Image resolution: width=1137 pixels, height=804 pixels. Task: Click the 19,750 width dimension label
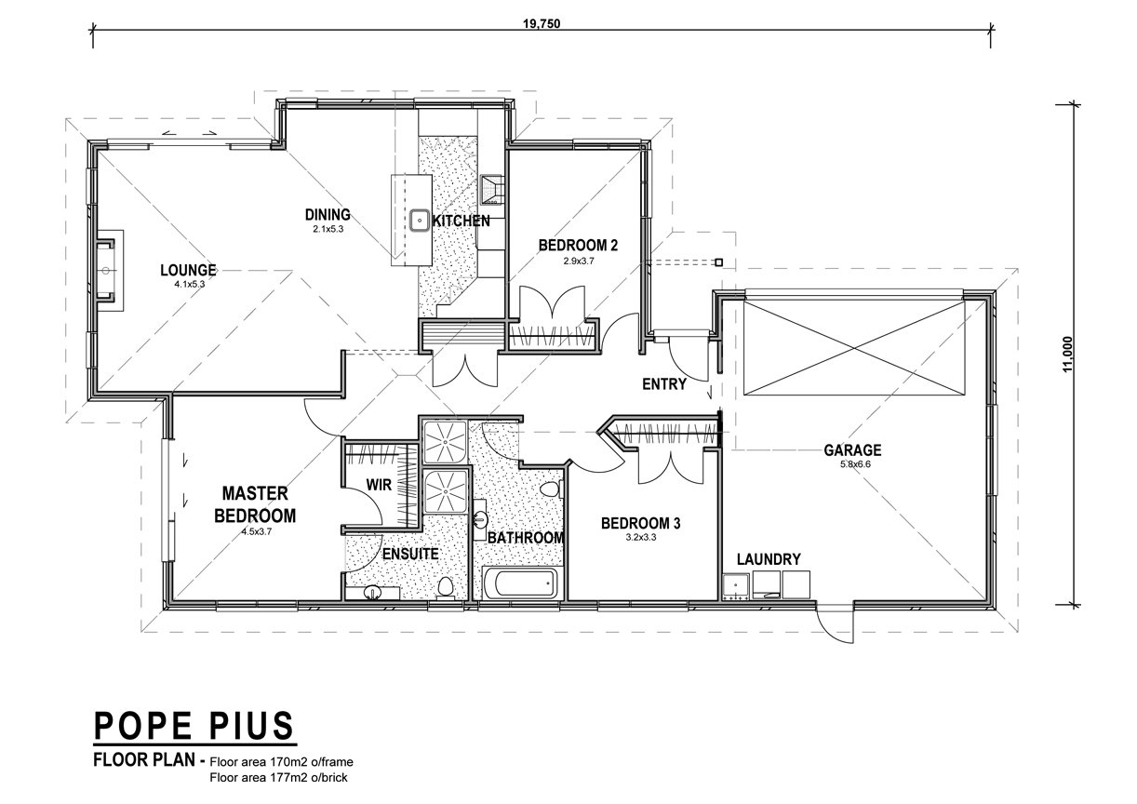point(542,23)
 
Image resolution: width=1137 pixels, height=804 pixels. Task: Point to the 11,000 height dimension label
point(1067,355)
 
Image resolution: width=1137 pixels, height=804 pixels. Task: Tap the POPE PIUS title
point(194,726)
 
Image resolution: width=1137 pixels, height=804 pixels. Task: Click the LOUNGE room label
point(188,270)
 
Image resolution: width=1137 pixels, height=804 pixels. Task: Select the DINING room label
point(328,215)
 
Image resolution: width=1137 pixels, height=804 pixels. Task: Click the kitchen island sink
point(420,221)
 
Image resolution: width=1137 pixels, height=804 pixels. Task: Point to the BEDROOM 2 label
point(578,246)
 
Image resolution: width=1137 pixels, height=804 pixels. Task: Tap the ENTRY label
point(664,384)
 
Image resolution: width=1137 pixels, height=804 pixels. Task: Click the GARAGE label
point(852,450)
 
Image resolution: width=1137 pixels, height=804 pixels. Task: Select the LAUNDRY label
point(769,559)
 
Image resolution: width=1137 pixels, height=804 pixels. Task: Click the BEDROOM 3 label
point(640,523)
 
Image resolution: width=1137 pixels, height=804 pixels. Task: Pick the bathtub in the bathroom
point(520,583)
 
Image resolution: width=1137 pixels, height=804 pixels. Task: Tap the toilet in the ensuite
point(446,589)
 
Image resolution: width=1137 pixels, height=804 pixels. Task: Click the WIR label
point(379,485)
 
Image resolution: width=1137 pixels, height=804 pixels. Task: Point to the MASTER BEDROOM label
point(255,504)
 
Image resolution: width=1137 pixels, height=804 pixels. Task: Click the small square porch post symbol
point(718,262)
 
